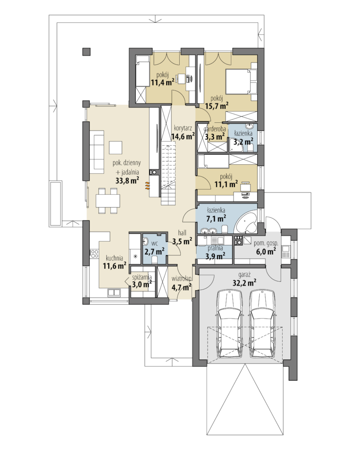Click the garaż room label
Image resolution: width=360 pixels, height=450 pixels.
coord(244,275)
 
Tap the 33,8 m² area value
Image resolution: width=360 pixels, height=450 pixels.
coord(127,180)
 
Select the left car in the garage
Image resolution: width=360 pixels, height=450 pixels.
coord(230,323)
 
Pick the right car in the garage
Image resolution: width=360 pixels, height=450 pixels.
coord(262,323)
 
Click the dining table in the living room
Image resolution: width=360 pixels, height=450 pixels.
coord(108,201)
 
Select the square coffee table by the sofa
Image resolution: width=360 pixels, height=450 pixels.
coord(116,148)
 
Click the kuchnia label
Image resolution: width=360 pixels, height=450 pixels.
coord(114,258)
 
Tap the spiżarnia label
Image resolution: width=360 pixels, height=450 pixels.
coord(141,278)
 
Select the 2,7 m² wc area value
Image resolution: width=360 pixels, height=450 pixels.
coord(154,252)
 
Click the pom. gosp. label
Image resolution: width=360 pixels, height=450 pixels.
coord(266,243)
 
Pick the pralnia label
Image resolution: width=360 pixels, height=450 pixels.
coord(215,248)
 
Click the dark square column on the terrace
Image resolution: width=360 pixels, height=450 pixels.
coord(87,51)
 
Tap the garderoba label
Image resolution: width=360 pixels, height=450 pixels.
coord(215,129)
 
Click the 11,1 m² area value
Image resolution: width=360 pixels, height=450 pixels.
coord(226,184)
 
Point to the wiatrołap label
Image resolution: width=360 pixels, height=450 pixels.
coord(182,278)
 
